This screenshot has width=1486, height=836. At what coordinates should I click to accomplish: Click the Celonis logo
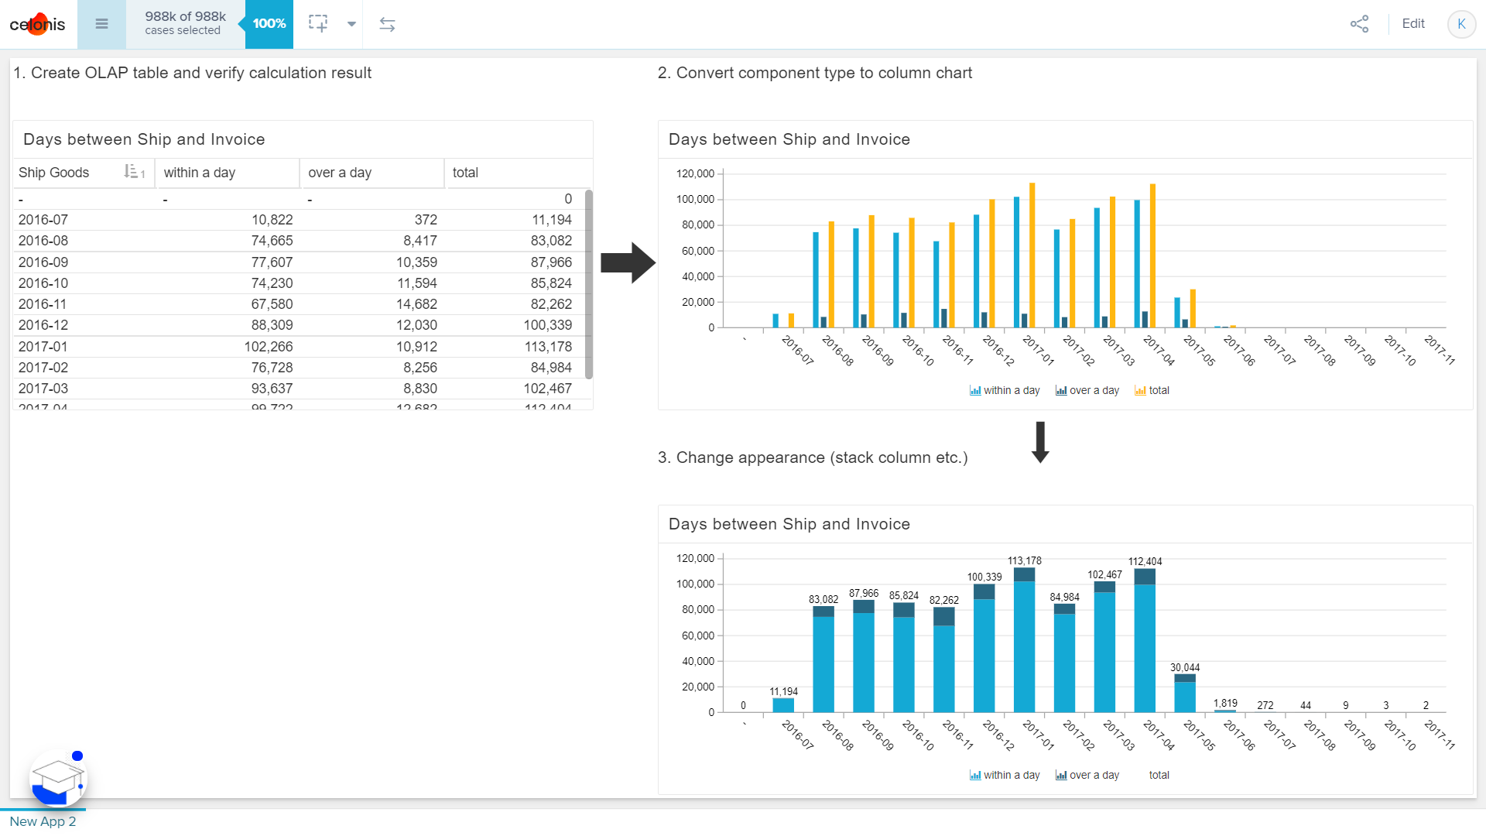click(37, 24)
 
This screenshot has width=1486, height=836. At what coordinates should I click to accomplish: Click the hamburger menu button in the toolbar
click(101, 24)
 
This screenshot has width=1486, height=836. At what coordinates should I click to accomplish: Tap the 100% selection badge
click(269, 24)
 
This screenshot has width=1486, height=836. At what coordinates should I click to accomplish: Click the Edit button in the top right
click(1412, 24)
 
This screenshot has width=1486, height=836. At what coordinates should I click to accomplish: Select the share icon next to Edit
click(1359, 24)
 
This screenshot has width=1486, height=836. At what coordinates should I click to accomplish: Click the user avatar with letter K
click(1460, 24)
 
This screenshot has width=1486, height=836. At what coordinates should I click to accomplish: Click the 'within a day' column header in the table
click(200, 173)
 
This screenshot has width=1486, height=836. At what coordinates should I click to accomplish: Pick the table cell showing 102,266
click(269, 347)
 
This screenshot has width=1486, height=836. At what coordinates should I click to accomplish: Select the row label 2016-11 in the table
click(43, 304)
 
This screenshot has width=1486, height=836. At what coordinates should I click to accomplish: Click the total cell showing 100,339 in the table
click(547, 325)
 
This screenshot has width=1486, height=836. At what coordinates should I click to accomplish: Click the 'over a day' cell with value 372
click(425, 220)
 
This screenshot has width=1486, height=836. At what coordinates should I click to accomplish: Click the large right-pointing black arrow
click(628, 263)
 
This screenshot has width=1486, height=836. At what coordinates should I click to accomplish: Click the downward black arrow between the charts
click(1040, 442)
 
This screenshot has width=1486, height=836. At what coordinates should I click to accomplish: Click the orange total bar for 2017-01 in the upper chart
click(1032, 255)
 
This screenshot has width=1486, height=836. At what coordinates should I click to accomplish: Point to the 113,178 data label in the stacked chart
click(1024, 560)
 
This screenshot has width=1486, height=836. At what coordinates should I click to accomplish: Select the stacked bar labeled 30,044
click(1184, 693)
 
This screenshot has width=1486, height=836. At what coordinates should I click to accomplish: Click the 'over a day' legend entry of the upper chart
click(1087, 390)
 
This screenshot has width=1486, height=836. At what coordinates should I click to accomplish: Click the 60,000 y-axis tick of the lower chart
click(697, 636)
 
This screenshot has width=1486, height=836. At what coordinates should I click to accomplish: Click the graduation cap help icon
click(58, 778)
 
